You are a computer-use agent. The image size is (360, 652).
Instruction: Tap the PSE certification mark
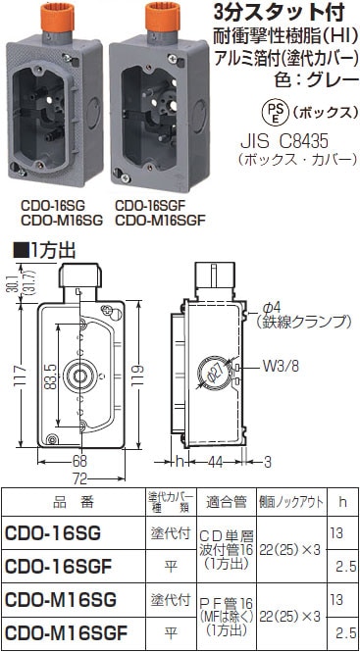251,107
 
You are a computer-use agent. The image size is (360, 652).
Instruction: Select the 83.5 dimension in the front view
46,374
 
